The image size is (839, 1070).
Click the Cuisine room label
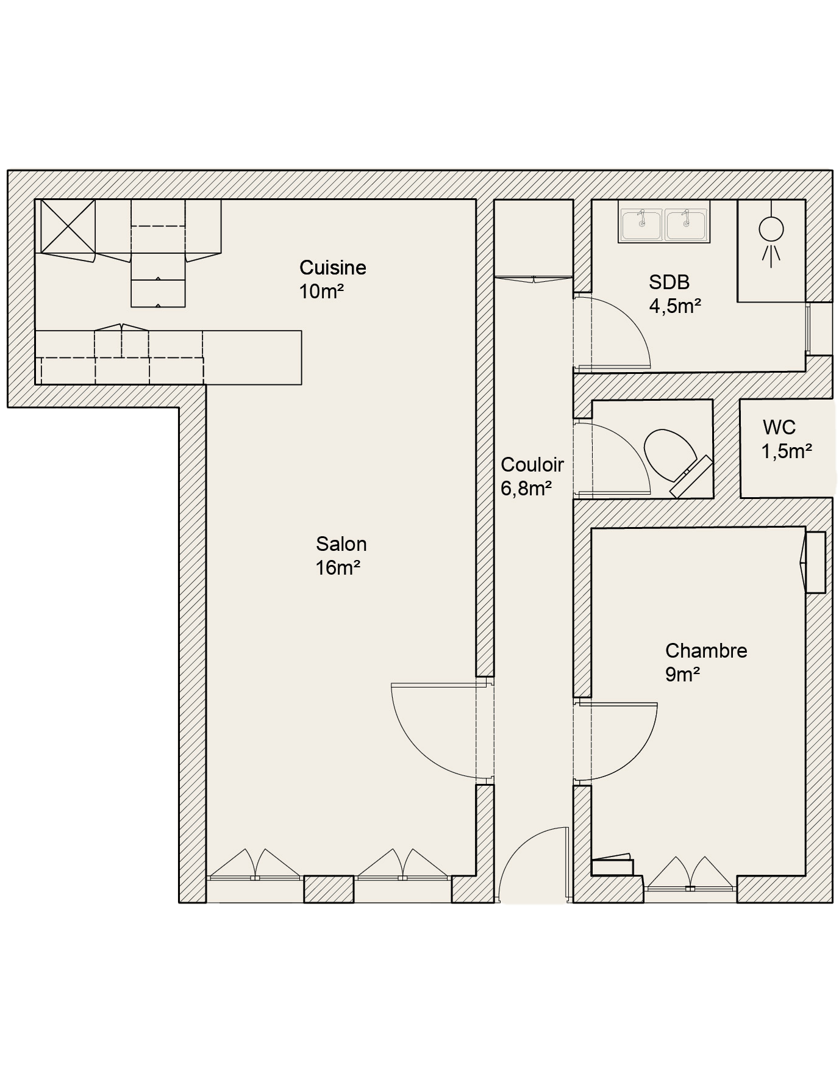click(333, 267)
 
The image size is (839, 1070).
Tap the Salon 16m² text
click(341, 556)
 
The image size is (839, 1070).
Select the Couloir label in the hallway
click(532, 465)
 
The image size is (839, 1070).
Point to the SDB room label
click(669, 282)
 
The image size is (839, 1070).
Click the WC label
click(779, 427)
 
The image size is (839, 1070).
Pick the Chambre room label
click(706, 651)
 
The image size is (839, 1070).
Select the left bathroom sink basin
click(641, 223)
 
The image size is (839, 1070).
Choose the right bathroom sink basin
click(686, 223)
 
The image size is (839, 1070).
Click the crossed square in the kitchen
click(68, 226)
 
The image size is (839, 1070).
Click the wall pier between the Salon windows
click(329, 889)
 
